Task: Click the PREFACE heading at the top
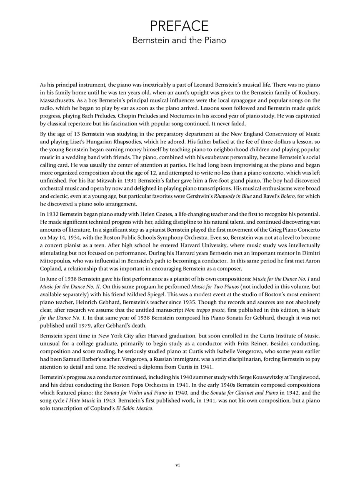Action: click(180, 26)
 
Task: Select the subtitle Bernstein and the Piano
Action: click(180, 40)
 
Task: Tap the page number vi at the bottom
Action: click(180, 465)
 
